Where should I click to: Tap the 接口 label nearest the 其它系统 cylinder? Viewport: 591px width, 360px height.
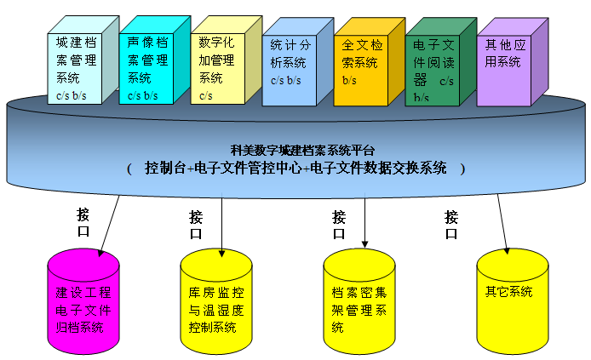point(451,226)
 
